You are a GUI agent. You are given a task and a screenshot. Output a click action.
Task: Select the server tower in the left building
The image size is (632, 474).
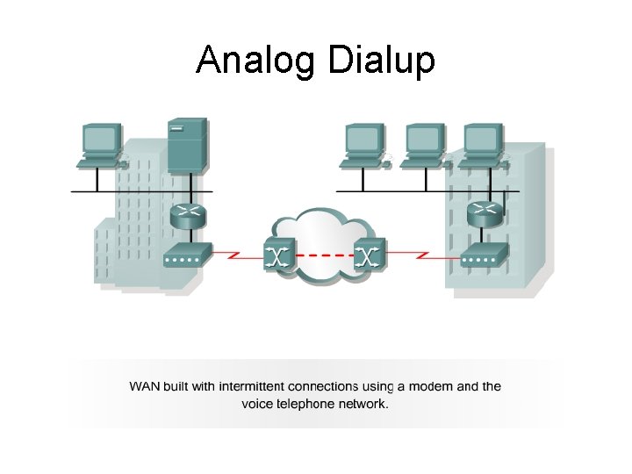pyautogui.click(x=187, y=147)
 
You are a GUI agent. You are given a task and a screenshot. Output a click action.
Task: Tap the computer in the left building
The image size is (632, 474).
pyautogui.click(x=99, y=144)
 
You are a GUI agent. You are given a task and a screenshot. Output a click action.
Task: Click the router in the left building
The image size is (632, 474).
pyautogui.click(x=187, y=215)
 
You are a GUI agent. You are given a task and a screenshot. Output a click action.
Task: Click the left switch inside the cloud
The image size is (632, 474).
pyautogui.click(x=279, y=255)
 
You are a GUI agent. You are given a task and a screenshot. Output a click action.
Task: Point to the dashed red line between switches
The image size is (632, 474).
pyautogui.click(x=324, y=256)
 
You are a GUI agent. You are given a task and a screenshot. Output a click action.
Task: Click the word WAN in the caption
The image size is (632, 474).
pyautogui.click(x=147, y=386)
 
